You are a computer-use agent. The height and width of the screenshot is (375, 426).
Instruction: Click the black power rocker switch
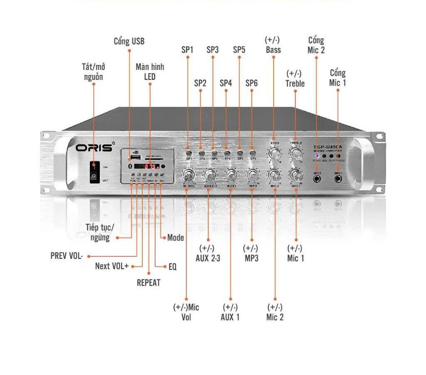point(95,172)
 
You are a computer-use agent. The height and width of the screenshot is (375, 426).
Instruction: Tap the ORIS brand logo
point(94,148)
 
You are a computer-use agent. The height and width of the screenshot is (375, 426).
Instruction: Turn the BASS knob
point(274,153)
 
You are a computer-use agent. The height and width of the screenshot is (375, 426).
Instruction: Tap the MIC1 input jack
point(338,179)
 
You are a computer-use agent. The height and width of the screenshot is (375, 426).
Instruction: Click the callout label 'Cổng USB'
point(129,41)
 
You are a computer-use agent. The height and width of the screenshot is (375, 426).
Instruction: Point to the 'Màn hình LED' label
point(150,72)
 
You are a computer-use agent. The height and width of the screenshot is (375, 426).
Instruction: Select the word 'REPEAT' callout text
point(149,283)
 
